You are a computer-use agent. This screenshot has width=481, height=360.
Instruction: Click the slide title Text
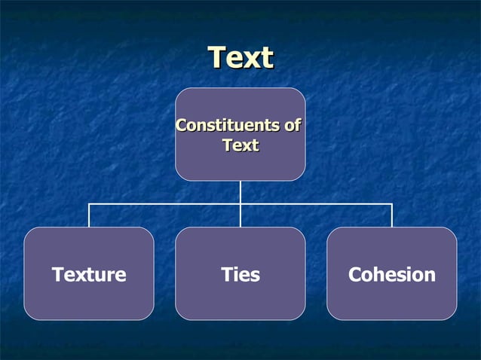(240, 58)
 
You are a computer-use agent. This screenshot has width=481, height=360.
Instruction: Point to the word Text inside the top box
(240, 145)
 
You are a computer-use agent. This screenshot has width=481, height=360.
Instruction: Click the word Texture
(89, 275)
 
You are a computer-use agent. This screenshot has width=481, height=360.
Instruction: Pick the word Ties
(240, 275)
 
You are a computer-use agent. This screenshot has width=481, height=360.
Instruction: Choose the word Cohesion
(392, 275)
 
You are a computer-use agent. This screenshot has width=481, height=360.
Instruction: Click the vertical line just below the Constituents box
(240, 191)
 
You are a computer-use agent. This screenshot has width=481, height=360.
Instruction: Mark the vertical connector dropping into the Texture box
(89, 216)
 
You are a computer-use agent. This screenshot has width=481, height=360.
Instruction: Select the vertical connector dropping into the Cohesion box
(392, 216)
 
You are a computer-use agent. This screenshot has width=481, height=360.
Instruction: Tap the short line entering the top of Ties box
(240, 217)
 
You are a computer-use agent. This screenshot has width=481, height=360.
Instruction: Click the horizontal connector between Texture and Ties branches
(164, 203)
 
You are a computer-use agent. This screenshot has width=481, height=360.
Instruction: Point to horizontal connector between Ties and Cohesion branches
(317, 203)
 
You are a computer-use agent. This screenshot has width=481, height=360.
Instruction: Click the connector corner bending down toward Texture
(89, 203)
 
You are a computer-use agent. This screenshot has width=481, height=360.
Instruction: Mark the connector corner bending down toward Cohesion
(392, 203)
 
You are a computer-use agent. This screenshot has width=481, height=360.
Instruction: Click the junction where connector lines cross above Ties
(240, 203)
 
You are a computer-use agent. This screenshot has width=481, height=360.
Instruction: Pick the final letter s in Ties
(256, 276)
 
